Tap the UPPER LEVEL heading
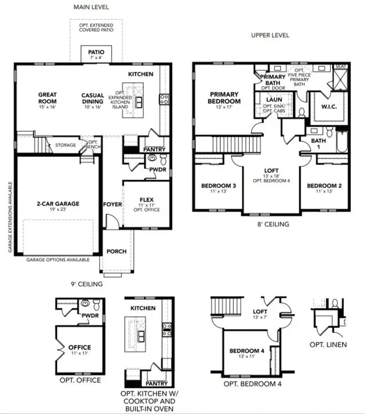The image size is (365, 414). coord(270,35)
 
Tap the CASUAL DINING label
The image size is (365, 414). coord(92,99)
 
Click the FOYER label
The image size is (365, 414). coord(112,204)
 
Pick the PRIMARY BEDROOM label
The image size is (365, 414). coord(225,98)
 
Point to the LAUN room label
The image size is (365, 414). coord(274,100)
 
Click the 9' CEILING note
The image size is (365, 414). coord(84,283)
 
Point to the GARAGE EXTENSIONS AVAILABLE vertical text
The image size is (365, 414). coord(10,217)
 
